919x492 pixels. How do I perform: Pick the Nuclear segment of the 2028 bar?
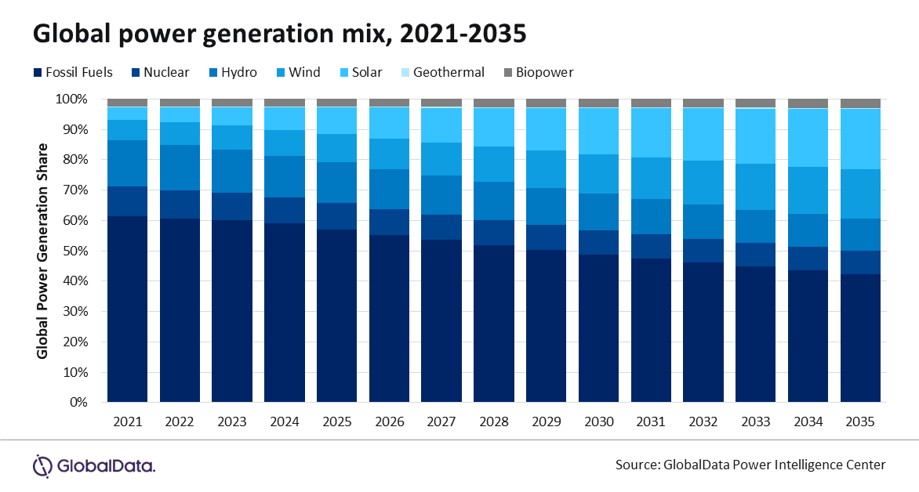(494, 233)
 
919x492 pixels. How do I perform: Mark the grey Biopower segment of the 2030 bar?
(598, 103)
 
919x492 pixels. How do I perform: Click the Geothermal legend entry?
(449, 73)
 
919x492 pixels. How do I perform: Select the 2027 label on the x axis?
(441, 422)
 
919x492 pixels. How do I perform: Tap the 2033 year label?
(756, 422)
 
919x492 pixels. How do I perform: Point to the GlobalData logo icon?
(42, 465)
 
